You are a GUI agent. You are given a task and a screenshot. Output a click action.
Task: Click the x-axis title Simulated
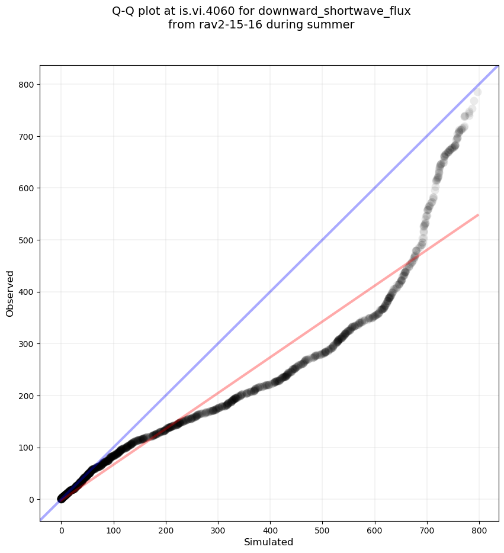coord(268,542)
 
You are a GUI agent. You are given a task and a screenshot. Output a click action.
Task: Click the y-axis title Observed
coord(10,293)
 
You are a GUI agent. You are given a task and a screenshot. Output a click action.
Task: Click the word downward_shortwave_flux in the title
coord(335,11)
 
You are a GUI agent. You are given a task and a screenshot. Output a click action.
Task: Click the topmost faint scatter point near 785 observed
coord(477,92)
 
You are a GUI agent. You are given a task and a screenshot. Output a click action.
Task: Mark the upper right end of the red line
coord(478,215)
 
